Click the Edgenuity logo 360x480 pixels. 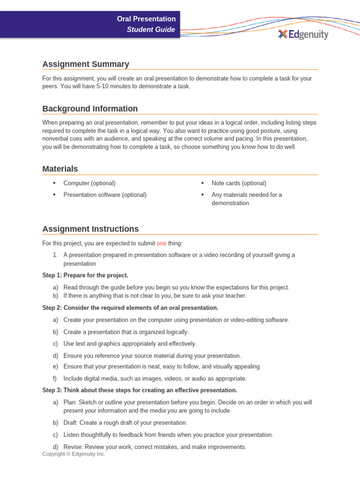pyautogui.click(x=303, y=34)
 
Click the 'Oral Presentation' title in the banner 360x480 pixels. pyautogui.click(x=146, y=19)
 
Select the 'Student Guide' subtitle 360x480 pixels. pyautogui.click(x=151, y=30)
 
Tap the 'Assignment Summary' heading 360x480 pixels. pyautogui.click(x=85, y=64)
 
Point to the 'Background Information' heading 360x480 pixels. pyautogui.click(x=90, y=109)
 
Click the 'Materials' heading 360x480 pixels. pyautogui.click(x=60, y=169)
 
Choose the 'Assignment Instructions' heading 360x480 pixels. pyautogui.click(x=90, y=229)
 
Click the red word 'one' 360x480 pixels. pyautogui.click(x=161, y=243)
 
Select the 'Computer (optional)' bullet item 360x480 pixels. pyautogui.click(x=89, y=183)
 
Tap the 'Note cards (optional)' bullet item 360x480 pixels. pyautogui.click(x=239, y=183)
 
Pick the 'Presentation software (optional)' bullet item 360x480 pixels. pyautogui.click(x=105, y=195)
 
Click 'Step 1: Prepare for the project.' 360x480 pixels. pyautogui.click(x=85, y=275)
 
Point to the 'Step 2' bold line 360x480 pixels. pyautogui.click(x=130, y=308)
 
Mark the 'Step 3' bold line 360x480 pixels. pyautogui.click(x=139, y=390)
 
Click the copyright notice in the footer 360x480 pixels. pyautogui.click(x=74, y=454)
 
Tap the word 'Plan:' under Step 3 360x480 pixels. pyautogui.click(x=71, y=402)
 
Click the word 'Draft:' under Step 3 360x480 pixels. pyautogui.click(x=72, y=423)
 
